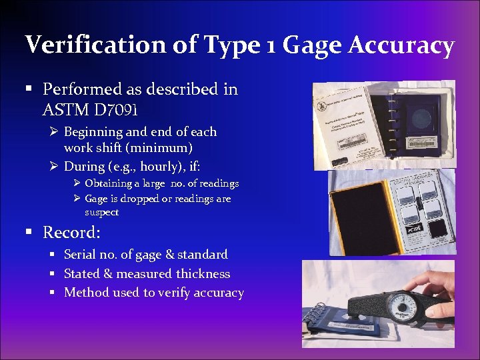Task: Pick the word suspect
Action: pyautogui.click(x=101, y=212)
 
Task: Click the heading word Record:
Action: pyautogui.click(x=72, y=233)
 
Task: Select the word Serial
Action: pyautogui.click(x=80, y=255)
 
